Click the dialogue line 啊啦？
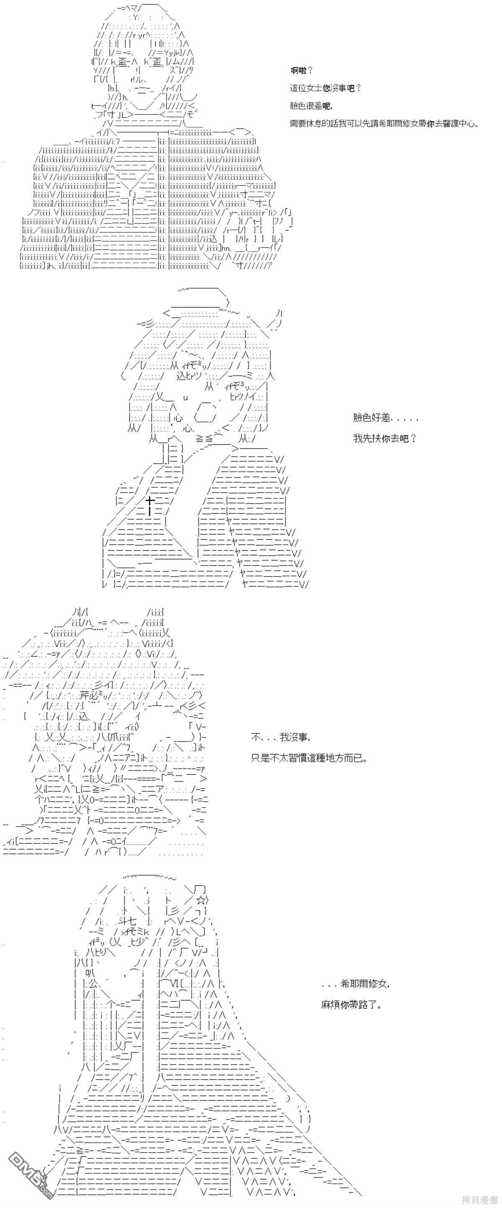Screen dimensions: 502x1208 click(301, 71)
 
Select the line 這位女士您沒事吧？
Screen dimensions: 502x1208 click(325, 88)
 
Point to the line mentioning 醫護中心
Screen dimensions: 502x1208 click(385, 124)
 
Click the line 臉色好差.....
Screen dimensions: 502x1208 click(385, 418)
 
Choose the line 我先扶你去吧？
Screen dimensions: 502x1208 click(385, 439)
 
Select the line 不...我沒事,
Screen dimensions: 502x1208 click(281, 737)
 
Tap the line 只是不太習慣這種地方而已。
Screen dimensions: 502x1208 click(309, 758)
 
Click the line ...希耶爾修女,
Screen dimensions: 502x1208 click(355, 984)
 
